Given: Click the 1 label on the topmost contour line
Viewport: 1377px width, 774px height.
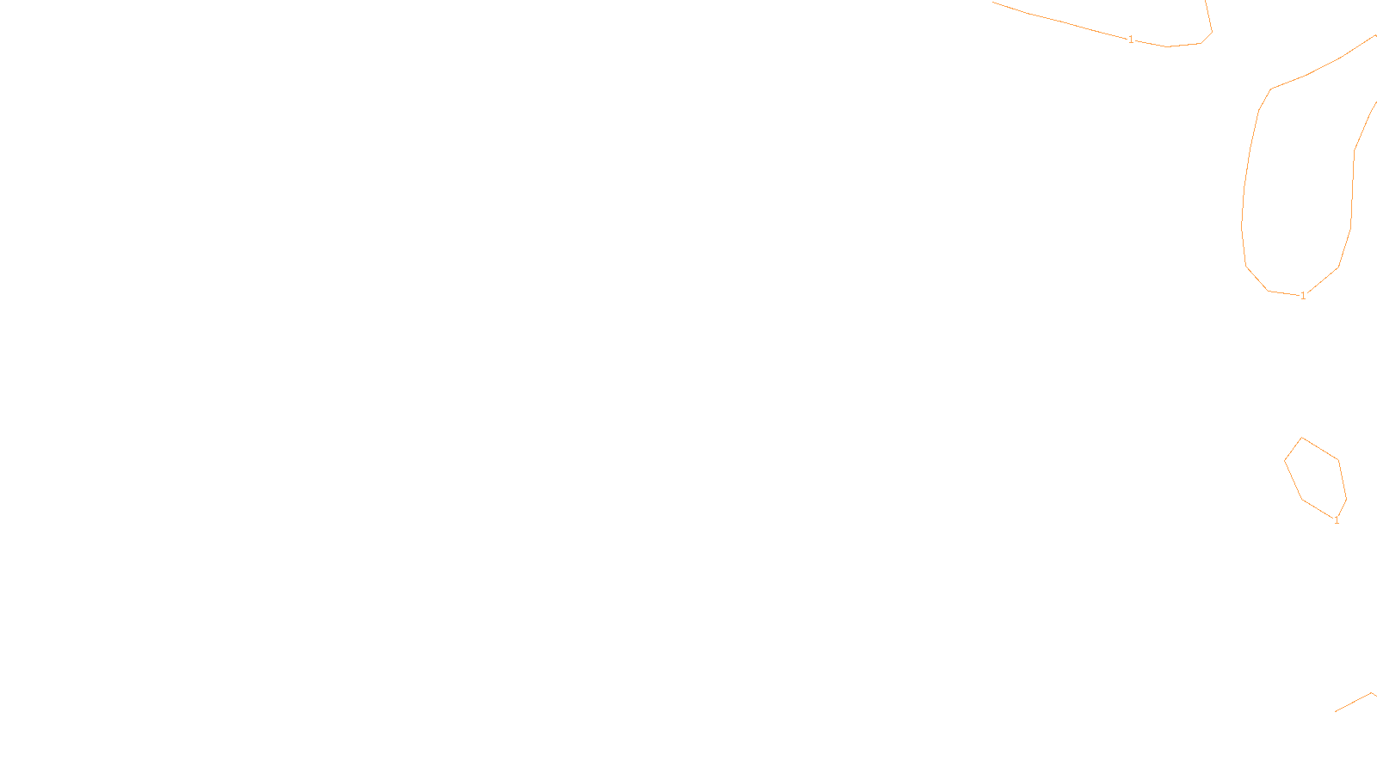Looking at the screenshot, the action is (x=1131, y=40).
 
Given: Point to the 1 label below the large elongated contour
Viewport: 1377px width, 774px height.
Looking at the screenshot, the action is (x=1303, y=296).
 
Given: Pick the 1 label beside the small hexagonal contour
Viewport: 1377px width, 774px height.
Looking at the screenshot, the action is (x=1337, y=520).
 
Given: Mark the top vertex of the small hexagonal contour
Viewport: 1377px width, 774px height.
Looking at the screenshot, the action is (x=1302, y=438).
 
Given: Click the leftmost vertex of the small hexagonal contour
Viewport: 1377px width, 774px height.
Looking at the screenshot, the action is (x=1285, y=461).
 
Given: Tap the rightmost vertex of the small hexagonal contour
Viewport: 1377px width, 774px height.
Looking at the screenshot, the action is (x=1346, y=499).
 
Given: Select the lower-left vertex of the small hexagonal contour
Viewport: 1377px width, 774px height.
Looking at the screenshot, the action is (x=1302, y=499).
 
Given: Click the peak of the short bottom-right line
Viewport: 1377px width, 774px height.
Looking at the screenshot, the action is (x=1372, y=693).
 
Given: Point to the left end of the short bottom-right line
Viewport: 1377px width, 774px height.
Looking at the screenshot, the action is (x=1336, y=712).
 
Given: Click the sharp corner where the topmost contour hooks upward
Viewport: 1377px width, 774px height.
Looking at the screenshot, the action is (x=1212, y=33).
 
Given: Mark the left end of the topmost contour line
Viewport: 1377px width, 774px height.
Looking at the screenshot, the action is (x=993, y=3).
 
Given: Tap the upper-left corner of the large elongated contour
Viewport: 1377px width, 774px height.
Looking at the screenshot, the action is (x=1271, y=89).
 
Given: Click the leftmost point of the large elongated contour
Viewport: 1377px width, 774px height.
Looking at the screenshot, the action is (x=1241, y=225).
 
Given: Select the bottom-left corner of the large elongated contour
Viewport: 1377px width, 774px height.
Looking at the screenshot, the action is (x=1268, y=291).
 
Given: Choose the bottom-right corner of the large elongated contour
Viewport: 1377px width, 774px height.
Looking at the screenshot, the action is (x=1338, y=267).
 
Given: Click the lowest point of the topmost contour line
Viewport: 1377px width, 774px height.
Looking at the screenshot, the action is (x=1168, y=46).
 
